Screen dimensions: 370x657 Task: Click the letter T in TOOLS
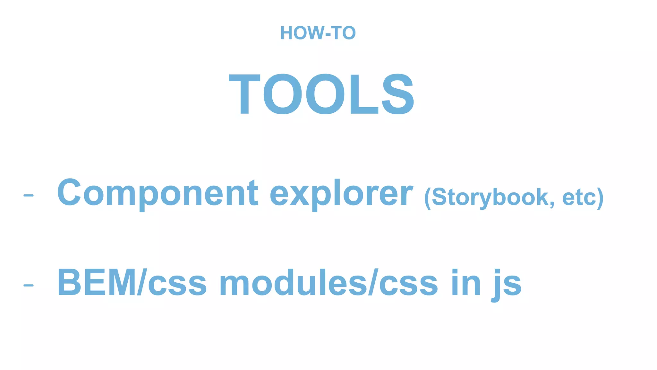(244, 94)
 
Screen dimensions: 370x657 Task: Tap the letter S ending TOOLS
(398, 94)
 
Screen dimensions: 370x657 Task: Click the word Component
(157, 193)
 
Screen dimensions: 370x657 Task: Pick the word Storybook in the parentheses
(490, 197)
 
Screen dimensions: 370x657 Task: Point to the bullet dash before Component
(28, 195)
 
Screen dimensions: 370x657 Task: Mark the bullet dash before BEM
(28, 285)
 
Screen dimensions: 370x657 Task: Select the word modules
(293, 283)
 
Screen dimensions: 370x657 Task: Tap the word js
(507, 285)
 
